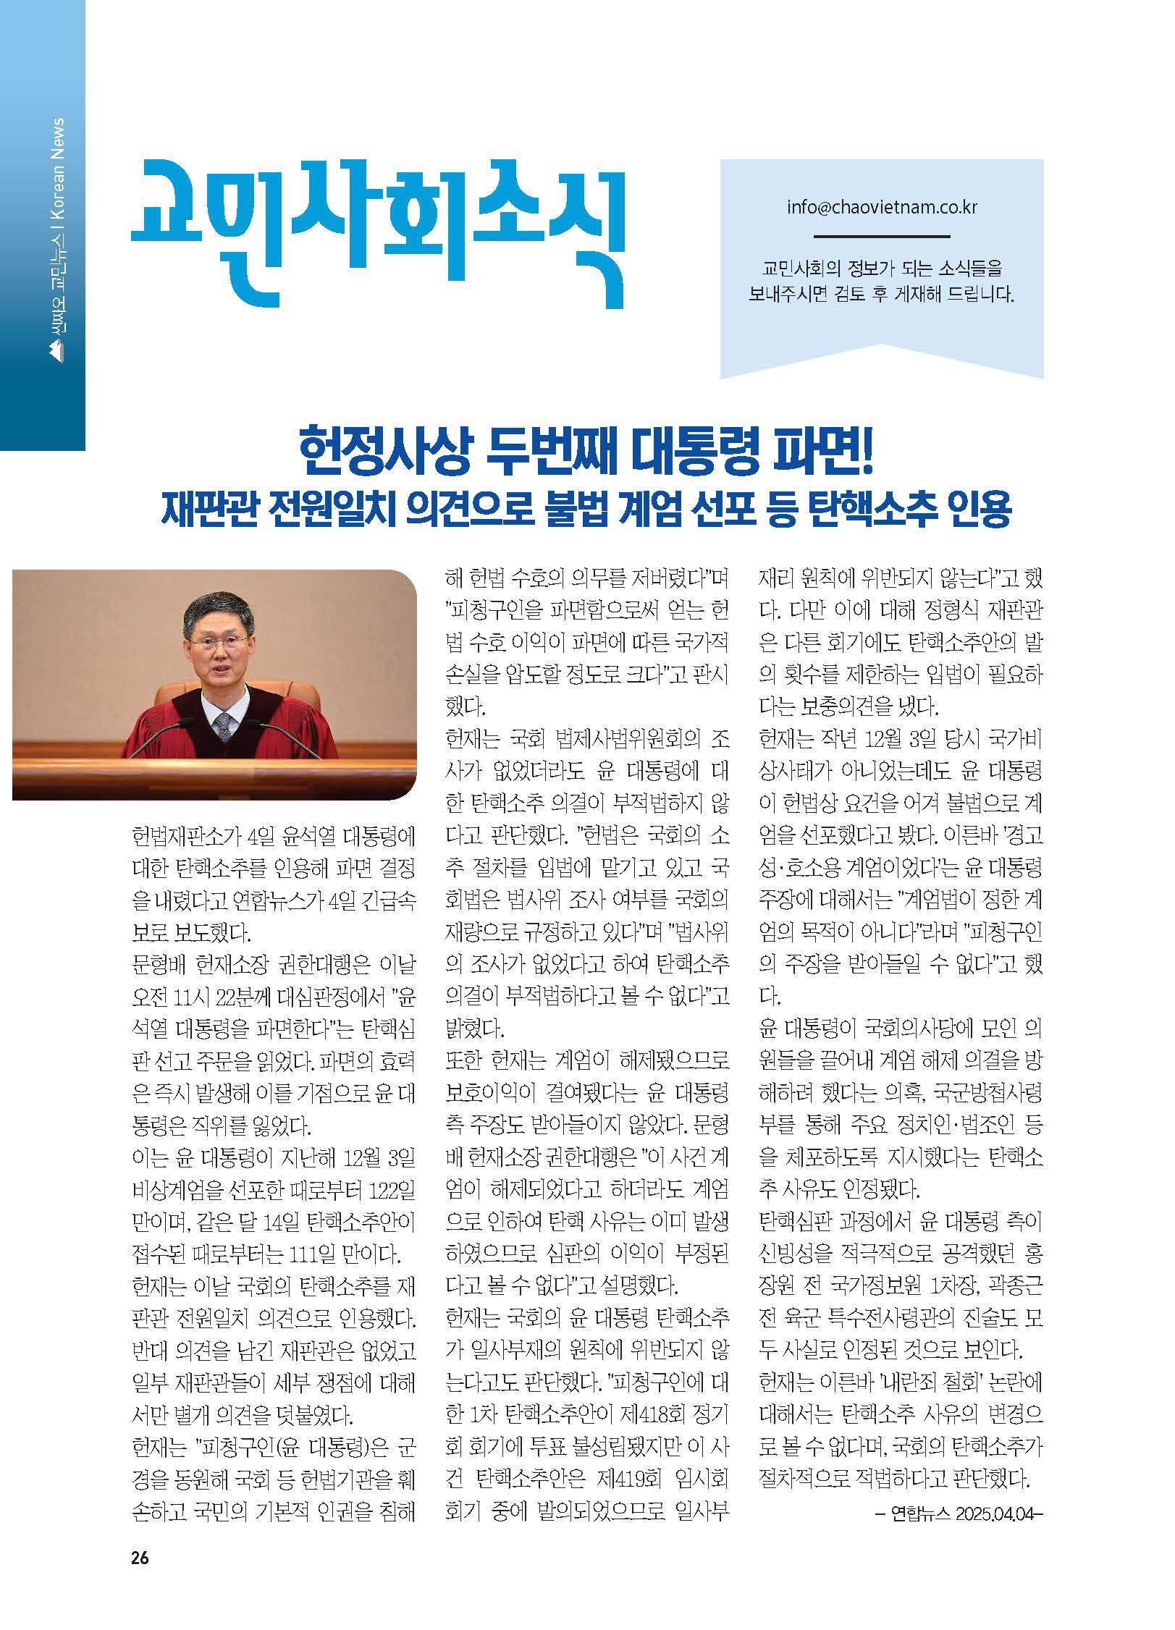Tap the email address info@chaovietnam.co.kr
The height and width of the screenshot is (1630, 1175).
pyautogui.click(x=882, y=207)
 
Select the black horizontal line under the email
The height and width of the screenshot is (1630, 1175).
pyautogui.click(x=882, y=236)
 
